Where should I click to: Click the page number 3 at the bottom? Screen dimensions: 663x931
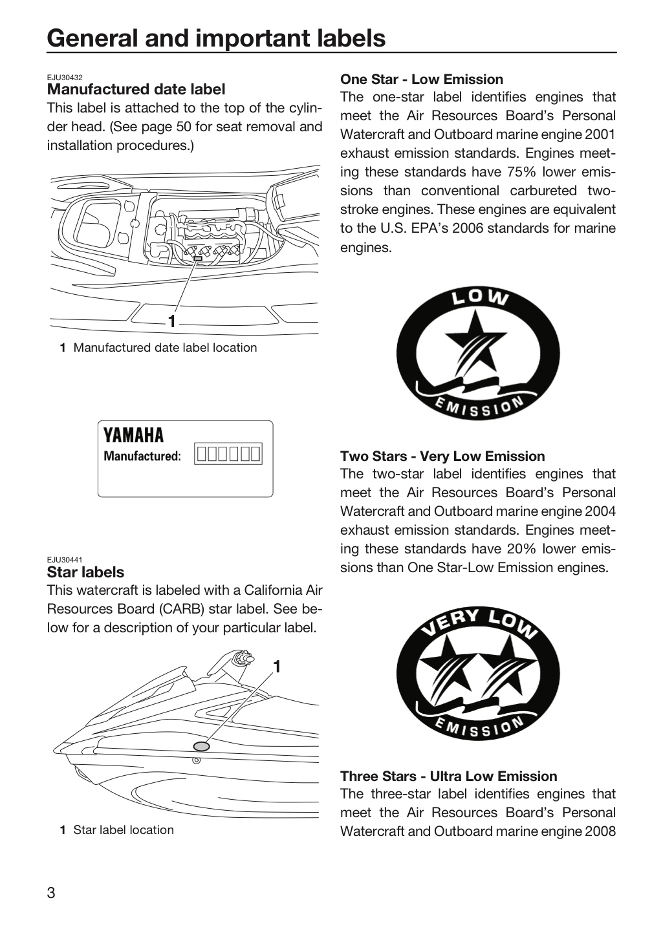click(50, 893)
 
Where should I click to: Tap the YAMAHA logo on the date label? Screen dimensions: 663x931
click(133, 436)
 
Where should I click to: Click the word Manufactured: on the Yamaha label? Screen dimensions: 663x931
click(142, 456)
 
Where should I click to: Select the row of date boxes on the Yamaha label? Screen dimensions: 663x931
click(228, 453)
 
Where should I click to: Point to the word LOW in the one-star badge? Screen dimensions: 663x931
click(481, 297)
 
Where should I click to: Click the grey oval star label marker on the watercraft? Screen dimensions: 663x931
click(202, 747)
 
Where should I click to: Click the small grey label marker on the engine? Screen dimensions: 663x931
click(198, 259)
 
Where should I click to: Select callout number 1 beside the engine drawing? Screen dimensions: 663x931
click(171, 321)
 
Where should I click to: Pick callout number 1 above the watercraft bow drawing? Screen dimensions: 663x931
click(277, 667)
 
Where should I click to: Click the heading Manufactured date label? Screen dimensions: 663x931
click(136, 89)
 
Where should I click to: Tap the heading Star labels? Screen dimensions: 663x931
click(85, 572)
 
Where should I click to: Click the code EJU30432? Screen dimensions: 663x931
click(65, 78)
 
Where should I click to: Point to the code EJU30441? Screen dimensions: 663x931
click(65, 560)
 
